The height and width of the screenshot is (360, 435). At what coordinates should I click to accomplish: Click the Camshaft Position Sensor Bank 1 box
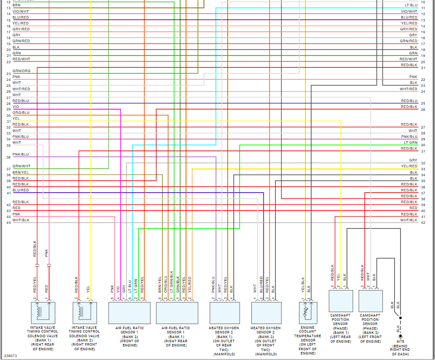(341, 301)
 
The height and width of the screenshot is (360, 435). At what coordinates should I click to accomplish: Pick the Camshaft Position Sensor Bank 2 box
(371, 301)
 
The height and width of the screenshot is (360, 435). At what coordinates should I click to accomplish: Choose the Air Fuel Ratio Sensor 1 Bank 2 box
(129, 313)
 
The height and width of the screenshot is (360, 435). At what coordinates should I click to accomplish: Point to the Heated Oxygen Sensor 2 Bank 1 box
(224, 313)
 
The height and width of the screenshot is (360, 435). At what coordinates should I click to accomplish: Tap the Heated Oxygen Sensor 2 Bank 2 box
(266, 313)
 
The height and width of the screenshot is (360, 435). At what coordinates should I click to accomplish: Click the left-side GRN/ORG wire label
(21, 71)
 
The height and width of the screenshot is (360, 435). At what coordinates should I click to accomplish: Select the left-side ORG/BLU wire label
(21, 113)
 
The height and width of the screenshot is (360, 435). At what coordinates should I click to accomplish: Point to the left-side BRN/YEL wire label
(21, 172)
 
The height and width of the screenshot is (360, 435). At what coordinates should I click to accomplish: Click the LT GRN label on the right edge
(410, 142)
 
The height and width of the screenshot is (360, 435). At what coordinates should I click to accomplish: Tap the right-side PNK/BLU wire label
(409, 137)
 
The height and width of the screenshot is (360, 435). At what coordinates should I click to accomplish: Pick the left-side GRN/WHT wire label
(21, 166)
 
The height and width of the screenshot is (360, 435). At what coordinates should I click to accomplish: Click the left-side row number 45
(8, 223)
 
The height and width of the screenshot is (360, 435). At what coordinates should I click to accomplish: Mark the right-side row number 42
(423, 223)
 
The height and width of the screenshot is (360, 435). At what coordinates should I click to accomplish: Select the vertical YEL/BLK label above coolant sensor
(302, 285)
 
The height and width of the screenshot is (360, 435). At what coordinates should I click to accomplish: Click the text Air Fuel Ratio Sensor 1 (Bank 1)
(176, 336)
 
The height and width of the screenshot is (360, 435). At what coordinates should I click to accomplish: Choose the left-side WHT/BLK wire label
(21, 220)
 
